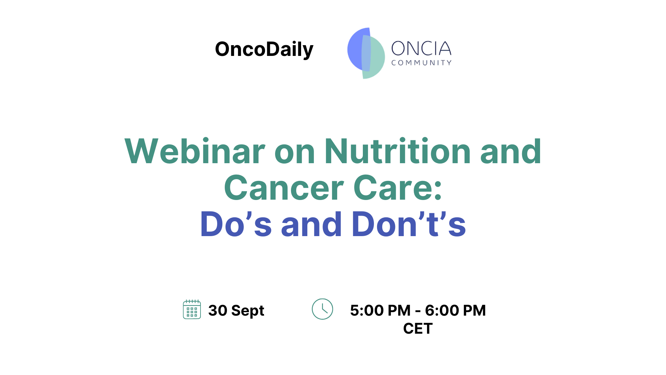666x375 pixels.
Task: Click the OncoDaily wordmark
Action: pos(264,50)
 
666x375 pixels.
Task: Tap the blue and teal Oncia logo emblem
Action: pos(366,53)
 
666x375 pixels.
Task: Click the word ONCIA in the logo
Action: pos(421,49)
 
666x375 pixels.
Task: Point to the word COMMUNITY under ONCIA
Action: pos(421,63)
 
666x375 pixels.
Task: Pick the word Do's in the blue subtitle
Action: pos(236,224)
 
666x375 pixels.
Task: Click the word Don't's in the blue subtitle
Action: pos(409,224)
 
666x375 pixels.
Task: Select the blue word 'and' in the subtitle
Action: pos(311,224)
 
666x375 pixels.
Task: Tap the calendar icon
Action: pos(192,309)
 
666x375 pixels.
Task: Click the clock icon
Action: pos(322,309)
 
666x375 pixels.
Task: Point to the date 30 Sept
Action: pos(236,310)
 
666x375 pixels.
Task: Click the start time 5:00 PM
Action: pos(380,310)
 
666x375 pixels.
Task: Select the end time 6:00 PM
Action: pos(455,310)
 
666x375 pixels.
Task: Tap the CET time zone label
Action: pos(418,328)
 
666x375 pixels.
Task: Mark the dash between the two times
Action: pos(418,311)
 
